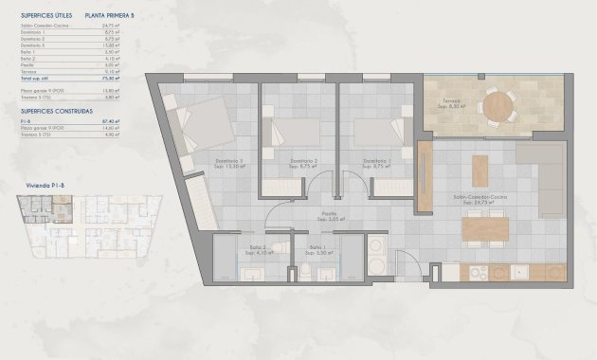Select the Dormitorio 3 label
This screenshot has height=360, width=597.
click(229, 163)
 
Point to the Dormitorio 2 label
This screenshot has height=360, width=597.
click(303, 163)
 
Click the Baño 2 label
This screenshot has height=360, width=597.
click(257, 249)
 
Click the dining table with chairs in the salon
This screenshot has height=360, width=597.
click(484, 230)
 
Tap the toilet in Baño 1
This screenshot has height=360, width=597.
click(308, 273)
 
